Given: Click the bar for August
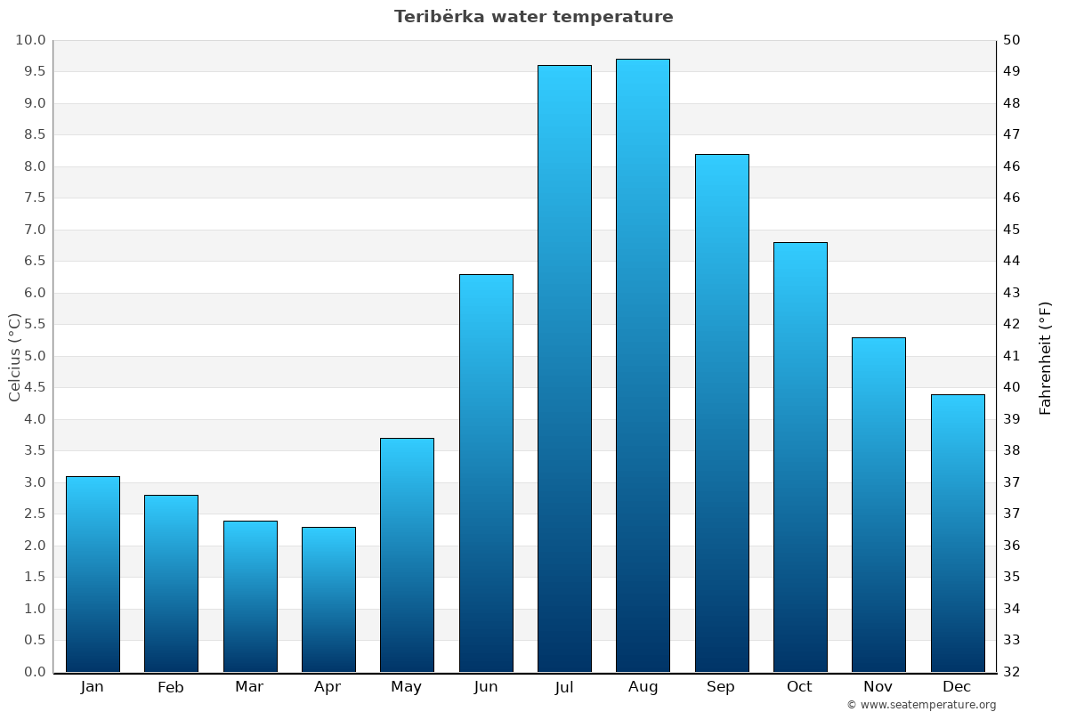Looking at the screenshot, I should (643, 365).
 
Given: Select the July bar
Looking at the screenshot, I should (564, 368).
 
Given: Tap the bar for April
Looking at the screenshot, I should (328, 599).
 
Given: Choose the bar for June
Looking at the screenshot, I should (486, 473).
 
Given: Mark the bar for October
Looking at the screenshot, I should (800, 457).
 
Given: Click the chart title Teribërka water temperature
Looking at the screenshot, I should (534, 17).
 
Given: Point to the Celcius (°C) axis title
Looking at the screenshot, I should (14, 357).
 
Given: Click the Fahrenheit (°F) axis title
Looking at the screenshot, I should (1045, 357).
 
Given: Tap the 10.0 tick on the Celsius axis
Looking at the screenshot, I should (30, 40).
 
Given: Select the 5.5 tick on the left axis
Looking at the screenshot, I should (30, 324).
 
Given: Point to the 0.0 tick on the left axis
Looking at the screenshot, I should (30, 672).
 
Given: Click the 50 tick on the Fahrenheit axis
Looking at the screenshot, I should (1013, 40).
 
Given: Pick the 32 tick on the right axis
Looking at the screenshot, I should (1013, 672).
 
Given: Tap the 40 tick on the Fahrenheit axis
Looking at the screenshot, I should (1013, 387).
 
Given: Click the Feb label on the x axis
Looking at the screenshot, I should (170, 687).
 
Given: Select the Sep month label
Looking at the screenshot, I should (721, 687).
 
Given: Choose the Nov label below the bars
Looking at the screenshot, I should (878, 687).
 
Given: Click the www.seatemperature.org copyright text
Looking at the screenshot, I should (921, 705).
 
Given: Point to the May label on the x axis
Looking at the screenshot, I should (407, 687).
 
